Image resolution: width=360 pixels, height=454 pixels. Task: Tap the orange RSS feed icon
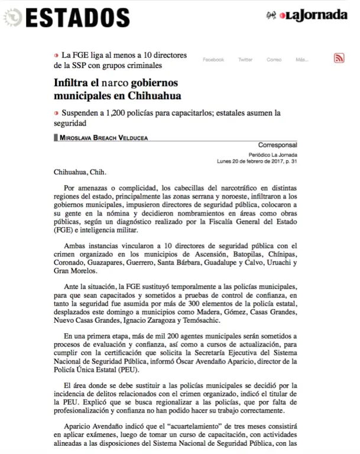[339, 58]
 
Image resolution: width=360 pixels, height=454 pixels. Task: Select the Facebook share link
[213, 60]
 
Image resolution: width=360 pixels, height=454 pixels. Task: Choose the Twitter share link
[245, 60]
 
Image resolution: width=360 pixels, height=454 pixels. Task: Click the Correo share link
[274, 60]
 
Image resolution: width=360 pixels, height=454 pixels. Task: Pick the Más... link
[301, 60]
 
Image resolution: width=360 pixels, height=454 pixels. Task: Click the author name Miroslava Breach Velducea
[104, 138]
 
